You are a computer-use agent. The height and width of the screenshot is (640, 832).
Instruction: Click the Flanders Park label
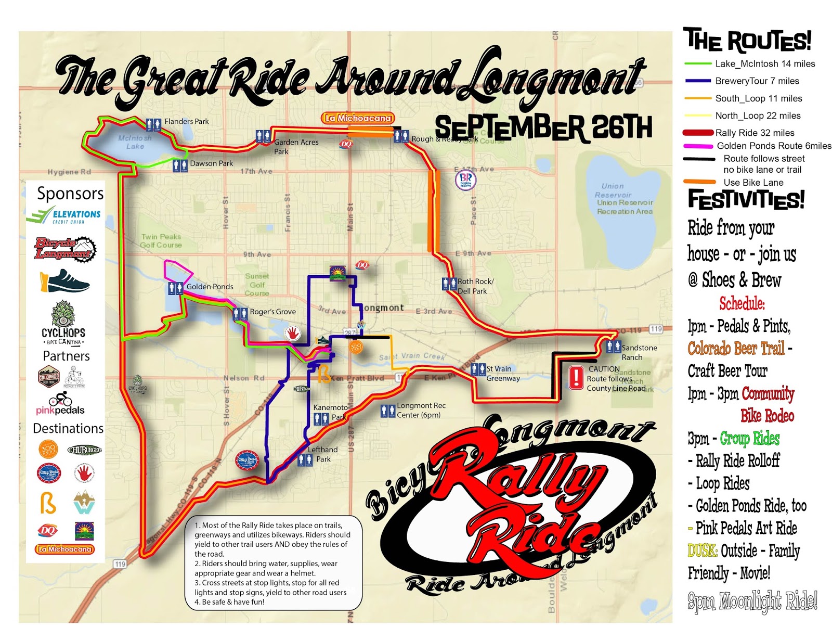tap(186, 121)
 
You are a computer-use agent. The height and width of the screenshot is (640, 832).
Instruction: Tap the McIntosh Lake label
tap(135, 142)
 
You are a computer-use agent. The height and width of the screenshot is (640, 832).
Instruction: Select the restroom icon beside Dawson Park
tap(180, 165)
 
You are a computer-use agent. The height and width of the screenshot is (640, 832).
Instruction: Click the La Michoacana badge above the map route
tap(358, 118)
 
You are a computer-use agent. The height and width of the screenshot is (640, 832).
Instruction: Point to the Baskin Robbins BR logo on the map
tap(465, 180)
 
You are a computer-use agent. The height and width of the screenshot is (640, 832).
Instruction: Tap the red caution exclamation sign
tap(576, 378)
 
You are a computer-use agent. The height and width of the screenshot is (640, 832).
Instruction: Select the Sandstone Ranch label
tap(639, 352)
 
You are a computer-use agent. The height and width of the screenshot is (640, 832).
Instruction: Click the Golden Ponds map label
tap(210, 287)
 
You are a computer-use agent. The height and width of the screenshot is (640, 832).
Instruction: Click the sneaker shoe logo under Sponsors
tap(65, 281)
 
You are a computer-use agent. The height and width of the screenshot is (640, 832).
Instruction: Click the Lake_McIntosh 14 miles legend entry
tap(764, 63)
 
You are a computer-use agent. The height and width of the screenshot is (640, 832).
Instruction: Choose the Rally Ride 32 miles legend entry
tap(755, 133)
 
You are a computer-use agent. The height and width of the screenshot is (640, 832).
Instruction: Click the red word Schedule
tap(742, 303)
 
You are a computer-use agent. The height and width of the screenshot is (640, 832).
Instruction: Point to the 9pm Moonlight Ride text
tap(752, 601)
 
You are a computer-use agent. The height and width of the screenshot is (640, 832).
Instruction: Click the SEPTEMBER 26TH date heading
tap(543, 128)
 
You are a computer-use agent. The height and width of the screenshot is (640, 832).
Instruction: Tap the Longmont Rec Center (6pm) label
tap(421, 410)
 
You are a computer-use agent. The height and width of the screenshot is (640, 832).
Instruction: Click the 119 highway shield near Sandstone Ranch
tap(656, 329)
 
